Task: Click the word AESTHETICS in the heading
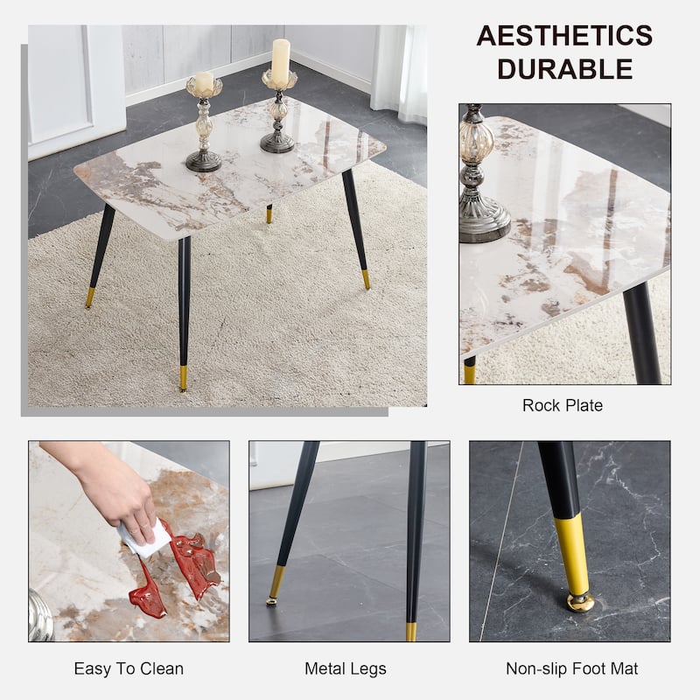click(x=564, y=36)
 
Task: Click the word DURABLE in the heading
click(x=564, y=69)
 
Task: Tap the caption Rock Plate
click(x=563, y=405)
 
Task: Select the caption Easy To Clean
click(x=129, y=668)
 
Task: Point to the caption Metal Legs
click(x=346, y=668)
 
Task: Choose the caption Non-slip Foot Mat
click(x=572, y=668)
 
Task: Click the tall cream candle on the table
click(x=281, y=61)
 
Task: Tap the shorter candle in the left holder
click(x=204, y=81)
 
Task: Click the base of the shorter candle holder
click(x=204, y=161)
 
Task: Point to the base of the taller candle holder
click(x=277, y=143)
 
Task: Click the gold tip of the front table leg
click(x=183, y=379)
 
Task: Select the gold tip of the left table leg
click(x=90, y=297)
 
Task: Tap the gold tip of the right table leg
click(x=366, y=279)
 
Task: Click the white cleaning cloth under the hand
click(x=143, y=539)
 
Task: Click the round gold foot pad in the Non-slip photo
click(x=580, y=603)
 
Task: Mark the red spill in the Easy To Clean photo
click(x=178, y=567)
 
